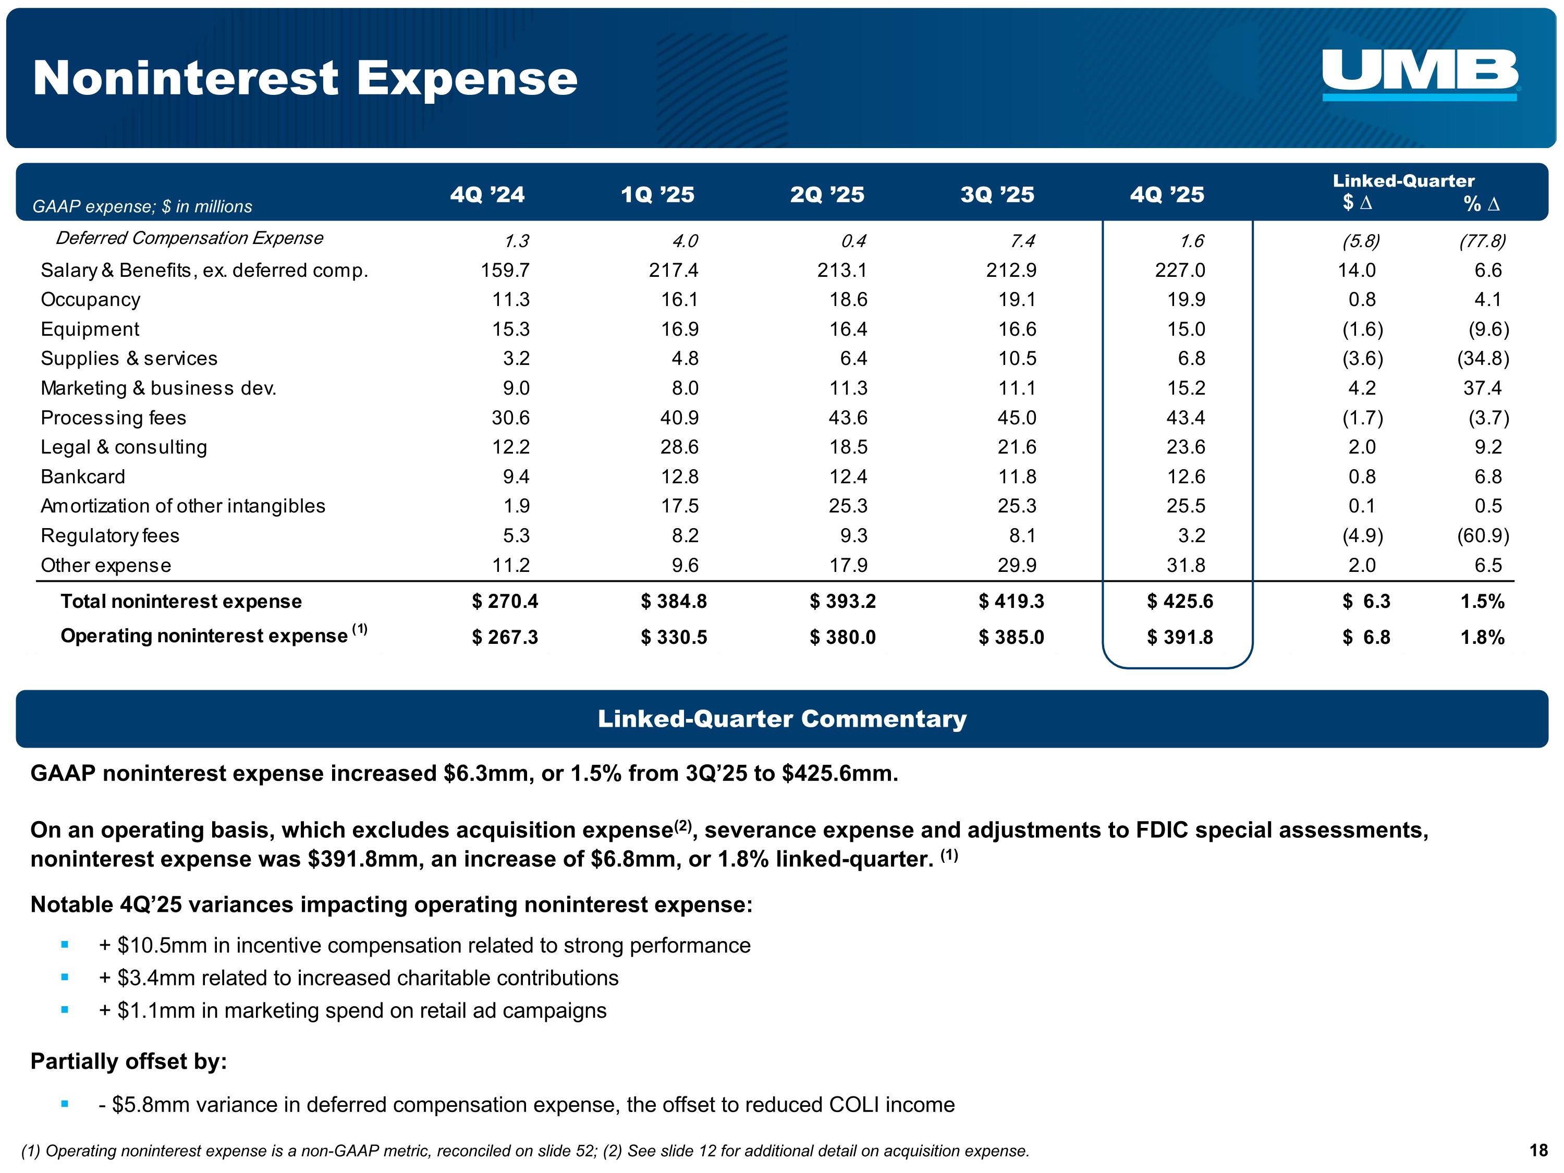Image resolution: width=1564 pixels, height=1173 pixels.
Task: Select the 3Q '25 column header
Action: click(x=997, y=194)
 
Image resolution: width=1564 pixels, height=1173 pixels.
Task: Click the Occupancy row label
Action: click(x=91, y=300)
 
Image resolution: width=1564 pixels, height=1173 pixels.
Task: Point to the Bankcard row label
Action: click(x=83, y=476)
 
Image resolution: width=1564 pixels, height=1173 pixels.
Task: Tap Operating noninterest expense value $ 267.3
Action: click(x=505, y=638)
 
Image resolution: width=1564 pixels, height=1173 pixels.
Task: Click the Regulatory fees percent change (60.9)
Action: click(x=1483, y=536)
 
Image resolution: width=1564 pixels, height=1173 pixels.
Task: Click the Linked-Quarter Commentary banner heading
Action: click(x=782, y=719)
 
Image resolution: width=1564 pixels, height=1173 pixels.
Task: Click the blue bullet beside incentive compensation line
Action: click(x=65, y=945)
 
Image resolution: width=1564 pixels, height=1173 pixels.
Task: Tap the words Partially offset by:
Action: click(x=129, y=1061)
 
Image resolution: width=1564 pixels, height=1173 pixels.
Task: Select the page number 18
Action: click(x=1538, y=1151)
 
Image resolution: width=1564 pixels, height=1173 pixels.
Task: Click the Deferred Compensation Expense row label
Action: click(x=189, y=238)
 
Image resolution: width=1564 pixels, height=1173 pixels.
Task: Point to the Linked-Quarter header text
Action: click(x=1403, y=181)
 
